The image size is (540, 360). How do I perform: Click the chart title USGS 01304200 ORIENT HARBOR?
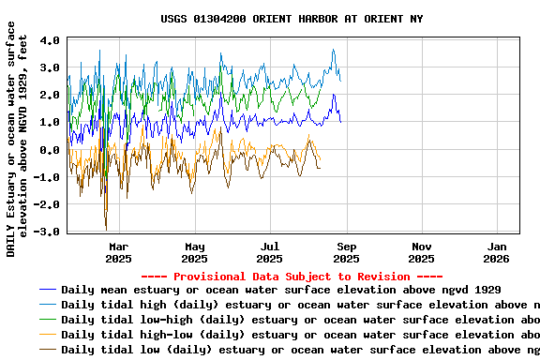292,19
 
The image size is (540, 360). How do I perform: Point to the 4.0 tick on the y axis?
51,40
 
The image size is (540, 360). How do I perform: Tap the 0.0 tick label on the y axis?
51,150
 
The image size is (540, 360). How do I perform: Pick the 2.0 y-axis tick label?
51,96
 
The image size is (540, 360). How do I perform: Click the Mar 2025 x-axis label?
119,252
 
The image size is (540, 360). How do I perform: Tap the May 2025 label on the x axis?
194,252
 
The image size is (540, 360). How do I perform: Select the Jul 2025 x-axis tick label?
270,252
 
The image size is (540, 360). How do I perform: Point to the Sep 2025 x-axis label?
346,252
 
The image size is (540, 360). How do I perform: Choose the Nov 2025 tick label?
421,252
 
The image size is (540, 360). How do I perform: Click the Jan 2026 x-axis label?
496,252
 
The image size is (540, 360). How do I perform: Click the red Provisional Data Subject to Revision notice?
292,277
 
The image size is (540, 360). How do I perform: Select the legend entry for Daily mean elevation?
281,290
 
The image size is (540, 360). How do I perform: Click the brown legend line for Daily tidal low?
48,350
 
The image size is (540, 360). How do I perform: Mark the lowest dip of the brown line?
106,228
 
